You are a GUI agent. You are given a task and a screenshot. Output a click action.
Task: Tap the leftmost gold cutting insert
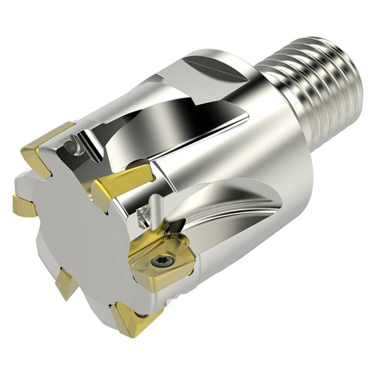(x=22, y=204)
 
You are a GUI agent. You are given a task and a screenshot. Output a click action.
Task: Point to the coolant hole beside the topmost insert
(x=76, y=140)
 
